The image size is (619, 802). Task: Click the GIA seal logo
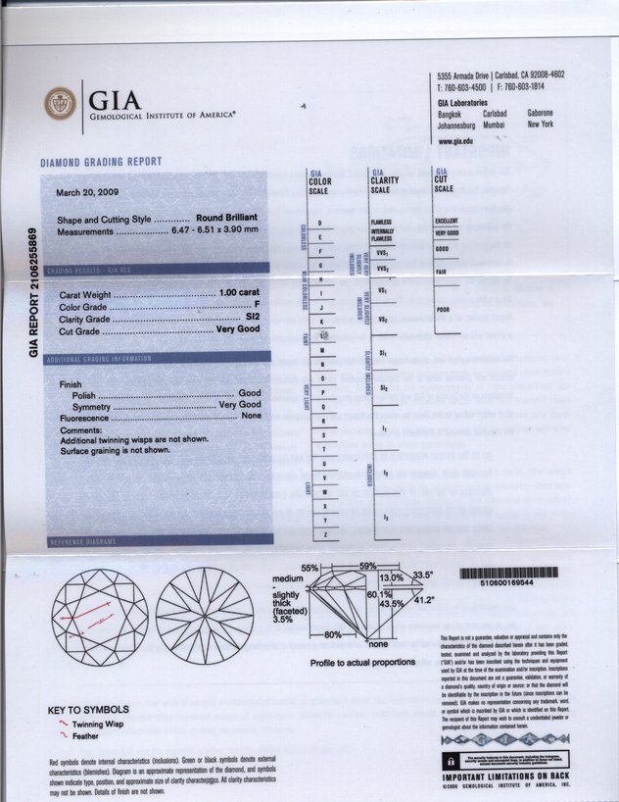[59, 102]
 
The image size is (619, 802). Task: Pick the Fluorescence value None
[251, 417]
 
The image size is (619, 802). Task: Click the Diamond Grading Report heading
[100, 162]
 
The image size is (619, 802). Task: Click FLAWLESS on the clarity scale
[382, 222]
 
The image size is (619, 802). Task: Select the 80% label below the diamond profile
[333, 636]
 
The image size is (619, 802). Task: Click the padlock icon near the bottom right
[450, 762]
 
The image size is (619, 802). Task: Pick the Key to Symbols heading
[89, 709]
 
